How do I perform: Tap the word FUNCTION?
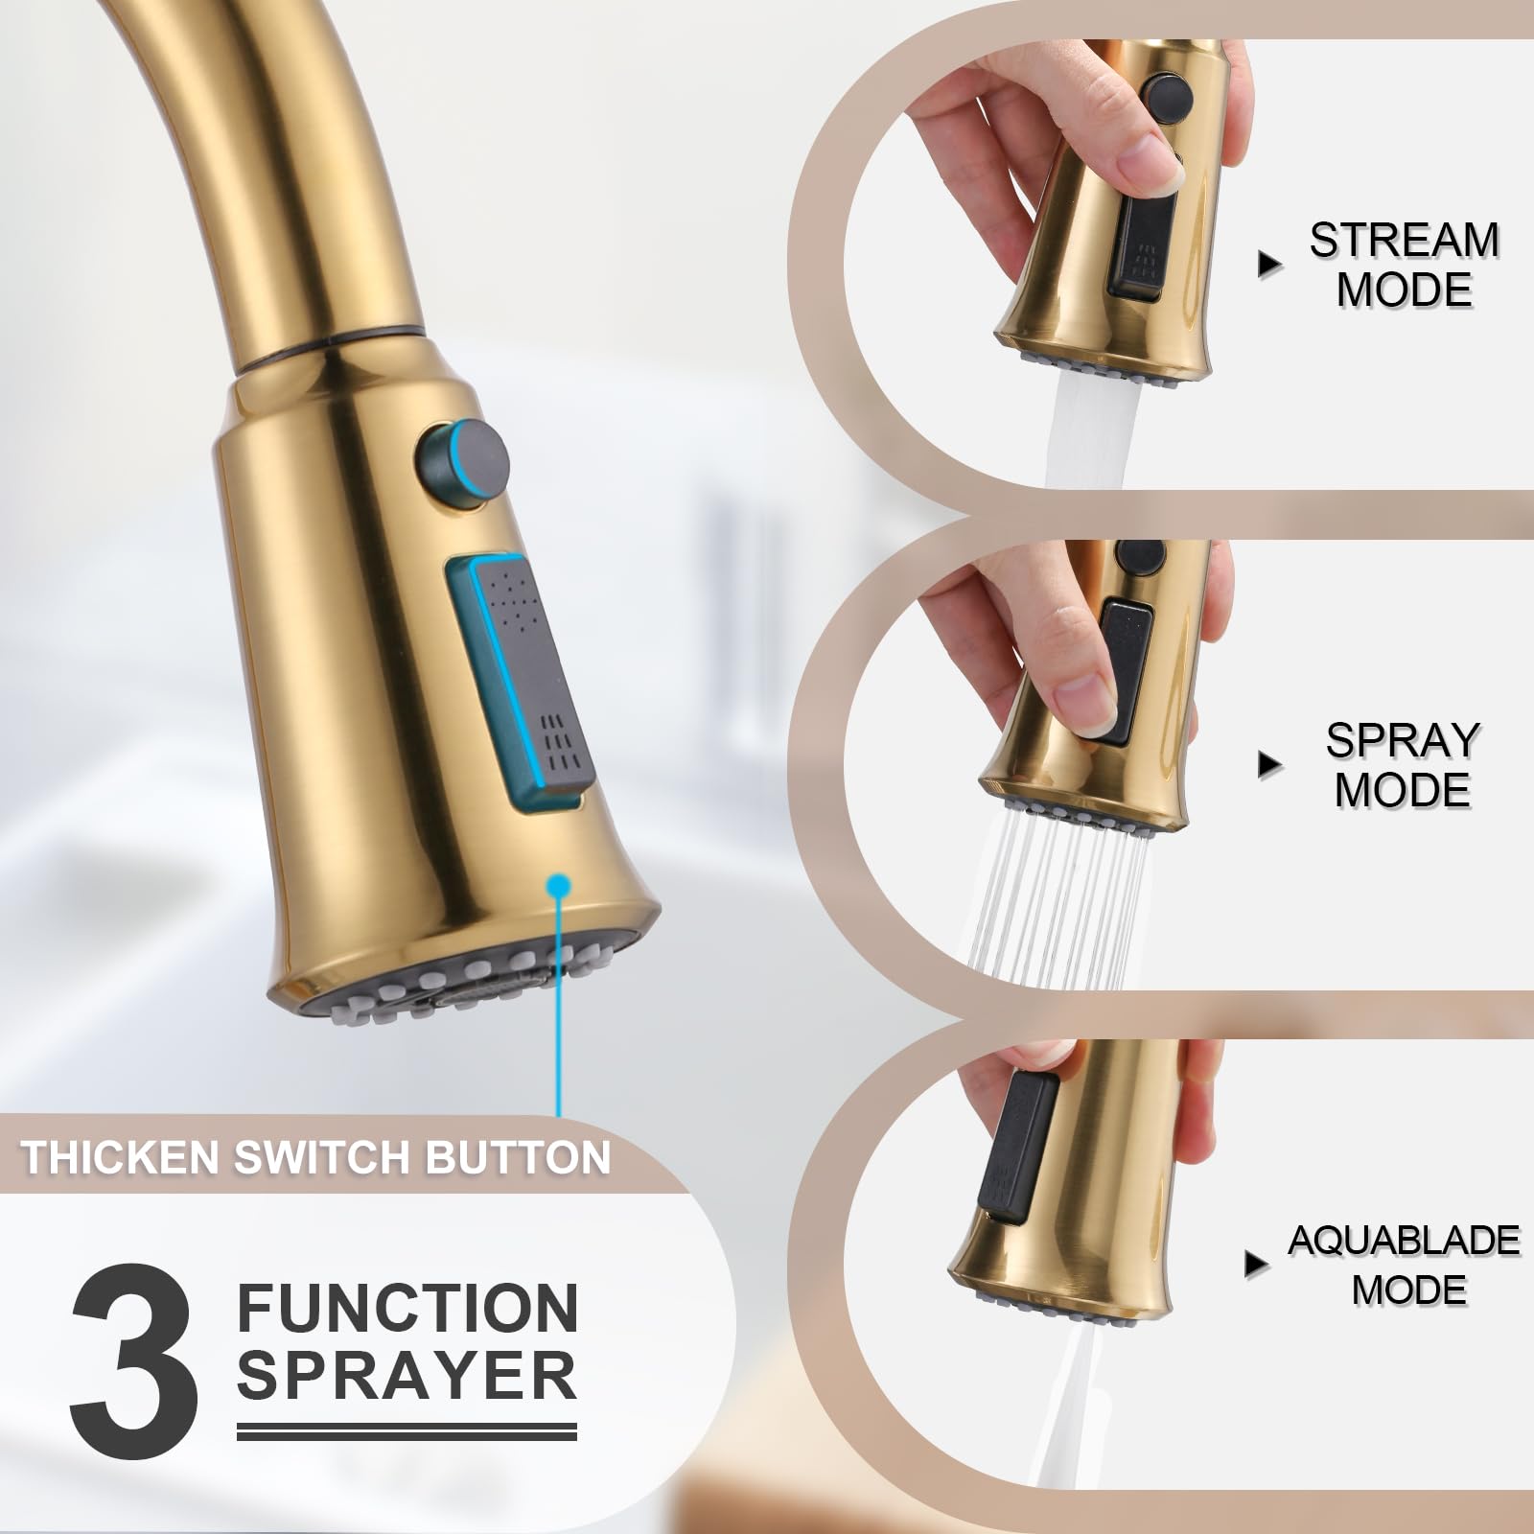pyautogui.click(x=407, y=1309)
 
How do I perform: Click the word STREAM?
pyautogui.click(x=1405, y=240)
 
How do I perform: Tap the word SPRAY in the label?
pyautogui.click(x=1403, y=740)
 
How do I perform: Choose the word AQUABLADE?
pyautogui.click(x=1404, y=1241)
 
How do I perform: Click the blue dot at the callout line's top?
pyautogui.click(x=557, y=887)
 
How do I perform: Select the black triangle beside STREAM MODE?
pyautogui.click(x=1270, y=265)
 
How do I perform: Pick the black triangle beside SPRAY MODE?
pyautogui.click(x=1270, y=764)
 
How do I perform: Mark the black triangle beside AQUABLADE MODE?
pyautogui.click(x=1256, y=1265)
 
